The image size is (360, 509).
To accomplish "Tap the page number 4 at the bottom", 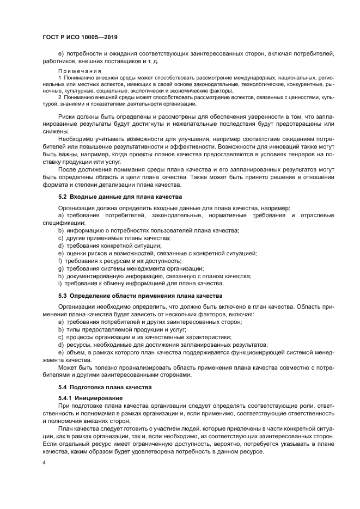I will click(44, 462).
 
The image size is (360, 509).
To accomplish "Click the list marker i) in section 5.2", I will click(60, 284).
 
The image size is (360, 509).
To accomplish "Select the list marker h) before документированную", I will click(60, 276).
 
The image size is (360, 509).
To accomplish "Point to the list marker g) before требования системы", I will click(60, 268).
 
